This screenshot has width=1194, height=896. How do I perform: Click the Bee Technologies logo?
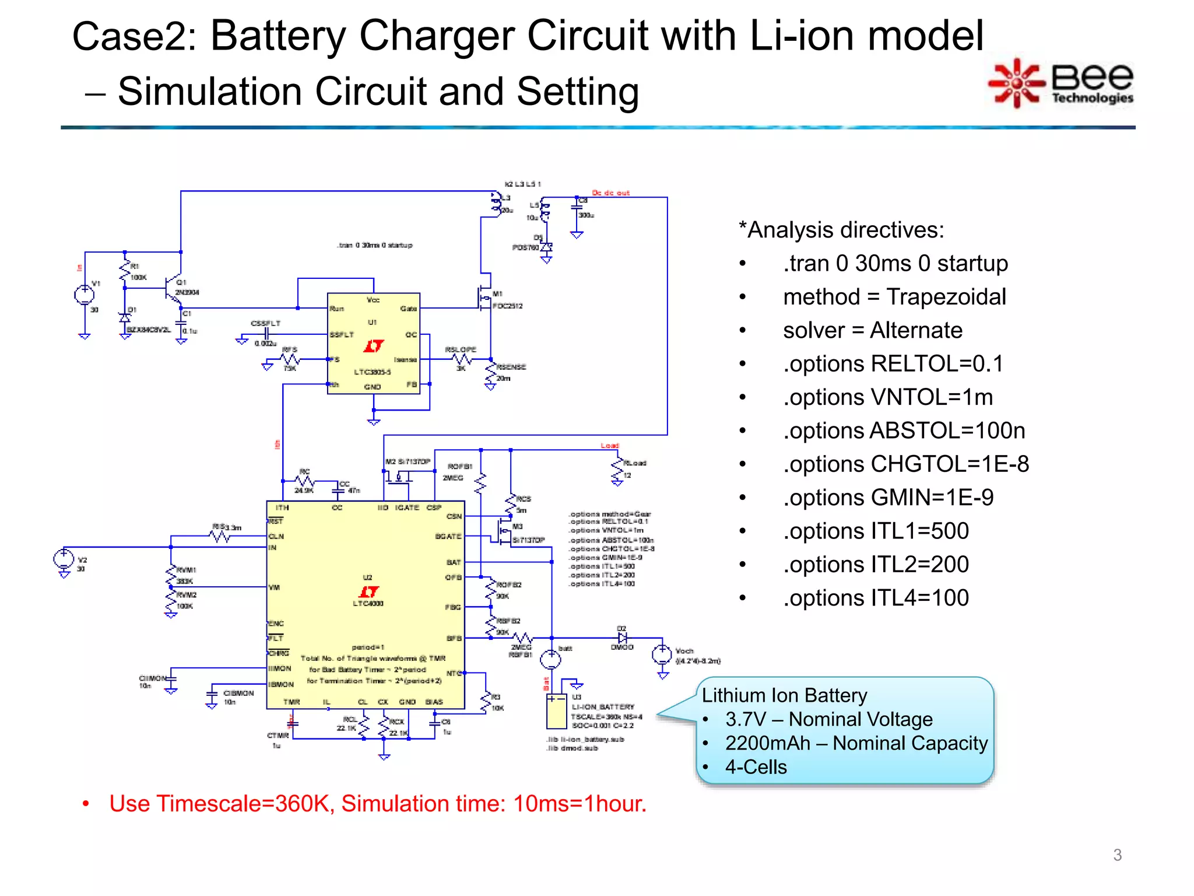pos(1061,83)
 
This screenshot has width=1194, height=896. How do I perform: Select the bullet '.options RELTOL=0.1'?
pos(893,364)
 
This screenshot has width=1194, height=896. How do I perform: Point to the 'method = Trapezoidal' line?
pos(894,297)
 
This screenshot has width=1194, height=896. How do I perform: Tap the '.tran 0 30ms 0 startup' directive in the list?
pos(895,264)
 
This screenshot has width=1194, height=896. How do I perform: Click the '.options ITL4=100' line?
pos(876,598)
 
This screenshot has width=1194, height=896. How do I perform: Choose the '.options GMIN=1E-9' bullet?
pos(888,498)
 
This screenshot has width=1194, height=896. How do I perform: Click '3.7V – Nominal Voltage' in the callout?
pos(828,719)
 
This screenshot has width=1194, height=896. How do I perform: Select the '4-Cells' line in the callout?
pos(756,767)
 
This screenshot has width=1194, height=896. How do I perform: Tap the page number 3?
pos(1117,855)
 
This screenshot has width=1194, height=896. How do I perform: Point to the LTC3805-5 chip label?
pos(372,372)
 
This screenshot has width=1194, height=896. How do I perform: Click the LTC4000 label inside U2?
pos(368,604)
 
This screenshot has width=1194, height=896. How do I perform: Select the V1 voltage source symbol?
pos(84,295)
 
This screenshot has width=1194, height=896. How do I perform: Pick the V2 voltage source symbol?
pos(64,559)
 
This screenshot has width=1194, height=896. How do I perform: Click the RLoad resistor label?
pos(635,463)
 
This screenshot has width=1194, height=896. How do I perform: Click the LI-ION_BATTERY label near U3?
pos(603,707)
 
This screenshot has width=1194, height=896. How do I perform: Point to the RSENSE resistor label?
pos(511,367)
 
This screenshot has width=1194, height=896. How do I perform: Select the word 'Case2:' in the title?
pos(135,37)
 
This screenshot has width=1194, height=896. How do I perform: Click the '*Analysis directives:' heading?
pos(841,230)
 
